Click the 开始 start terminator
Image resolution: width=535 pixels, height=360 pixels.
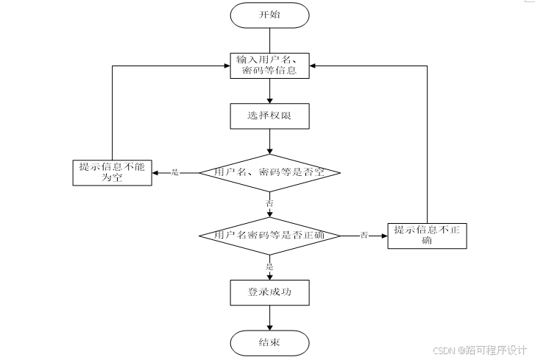pos(269,15)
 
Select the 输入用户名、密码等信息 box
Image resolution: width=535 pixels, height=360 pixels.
pos(269,65)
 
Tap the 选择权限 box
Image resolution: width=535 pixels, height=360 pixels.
pos(269,116)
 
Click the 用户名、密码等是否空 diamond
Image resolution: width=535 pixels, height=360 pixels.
pos(269,173)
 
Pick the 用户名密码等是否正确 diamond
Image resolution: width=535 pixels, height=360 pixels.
pos(269,236)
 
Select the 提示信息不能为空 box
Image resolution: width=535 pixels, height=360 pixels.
pos(112,172)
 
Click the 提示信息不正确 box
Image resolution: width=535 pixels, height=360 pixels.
pos(427,236)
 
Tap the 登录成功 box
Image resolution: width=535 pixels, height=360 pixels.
pos(269,292)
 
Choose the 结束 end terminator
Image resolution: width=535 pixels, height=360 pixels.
pos(269,342)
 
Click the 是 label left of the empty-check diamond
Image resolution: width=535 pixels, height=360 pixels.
pos(175,172)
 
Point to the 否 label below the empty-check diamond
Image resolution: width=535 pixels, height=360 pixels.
pos(269,202)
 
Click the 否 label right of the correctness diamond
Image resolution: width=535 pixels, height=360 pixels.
pos(364,236)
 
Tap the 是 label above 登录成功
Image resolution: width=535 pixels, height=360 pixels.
pos(269,267)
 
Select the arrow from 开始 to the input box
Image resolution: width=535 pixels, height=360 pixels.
pos(269,40)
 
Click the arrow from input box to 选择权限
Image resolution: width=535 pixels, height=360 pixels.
pos(269,91)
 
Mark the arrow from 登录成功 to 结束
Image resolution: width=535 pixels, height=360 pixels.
pos(269,317)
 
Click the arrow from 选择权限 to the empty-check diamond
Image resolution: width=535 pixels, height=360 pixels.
pos(269,141)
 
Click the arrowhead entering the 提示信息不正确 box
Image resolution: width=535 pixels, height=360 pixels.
pos(383,236)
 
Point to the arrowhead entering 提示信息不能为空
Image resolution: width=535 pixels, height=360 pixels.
pos(156,173)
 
